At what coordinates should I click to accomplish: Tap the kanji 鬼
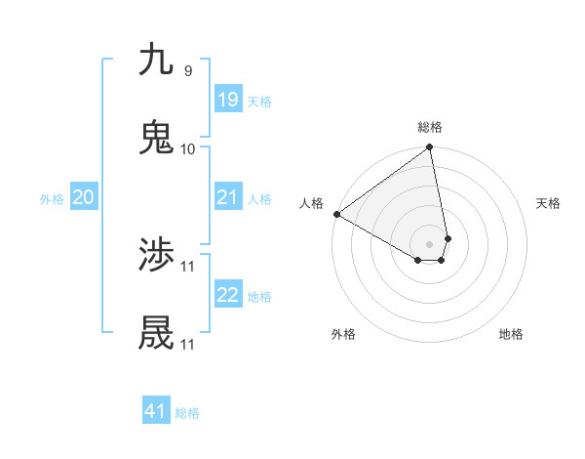(156, 138)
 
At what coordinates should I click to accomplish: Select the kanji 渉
(156, 256)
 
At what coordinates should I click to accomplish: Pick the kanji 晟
(156, 334)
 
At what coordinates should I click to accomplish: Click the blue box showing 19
(227, 100)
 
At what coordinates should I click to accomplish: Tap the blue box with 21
(227, 197)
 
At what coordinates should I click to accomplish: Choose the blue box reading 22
(227, 295)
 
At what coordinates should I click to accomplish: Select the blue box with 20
(83, 197)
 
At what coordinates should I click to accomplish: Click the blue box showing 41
(156, 411)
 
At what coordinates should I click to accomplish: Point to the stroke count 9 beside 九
(188, 71)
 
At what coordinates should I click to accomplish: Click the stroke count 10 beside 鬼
(188, 149)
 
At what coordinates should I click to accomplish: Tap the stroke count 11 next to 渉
(188, 267)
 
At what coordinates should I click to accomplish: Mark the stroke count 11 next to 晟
(188, 345)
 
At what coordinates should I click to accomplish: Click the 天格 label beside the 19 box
(259, 102)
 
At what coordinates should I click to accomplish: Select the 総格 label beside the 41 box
(187, 413)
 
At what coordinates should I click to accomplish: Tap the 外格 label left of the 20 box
(52, 199)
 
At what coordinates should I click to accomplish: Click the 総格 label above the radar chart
(430, 127)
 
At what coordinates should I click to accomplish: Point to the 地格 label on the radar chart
(511, 334)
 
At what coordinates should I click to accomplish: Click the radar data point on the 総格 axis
(430, 148)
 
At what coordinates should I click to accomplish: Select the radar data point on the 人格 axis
(336, 214)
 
